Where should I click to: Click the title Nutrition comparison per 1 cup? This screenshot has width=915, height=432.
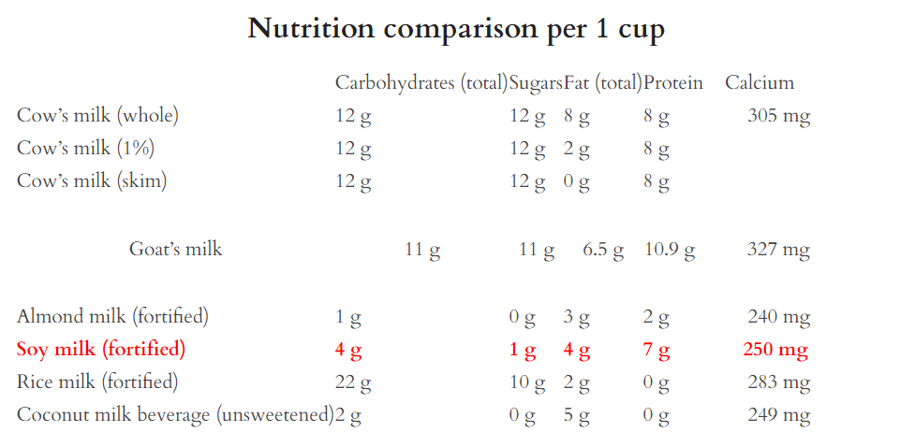(x=456, y=29)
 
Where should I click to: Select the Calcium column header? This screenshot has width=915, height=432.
(x=759, y=82)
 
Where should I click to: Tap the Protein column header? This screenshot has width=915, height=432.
(x=672, y=82)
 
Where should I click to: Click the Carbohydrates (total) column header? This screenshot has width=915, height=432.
(x=421, y=82)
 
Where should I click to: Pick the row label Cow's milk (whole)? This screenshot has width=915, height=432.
(x=97, y=116)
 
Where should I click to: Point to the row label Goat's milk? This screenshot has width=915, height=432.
(x=175, y=249)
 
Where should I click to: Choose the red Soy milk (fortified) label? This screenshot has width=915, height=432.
(x=101, y=350)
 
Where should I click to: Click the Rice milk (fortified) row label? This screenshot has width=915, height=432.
(x=97, y=382)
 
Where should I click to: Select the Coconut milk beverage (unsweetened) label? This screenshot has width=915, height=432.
(x=175, y=415)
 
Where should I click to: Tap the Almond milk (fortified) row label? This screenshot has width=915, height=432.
(x=112, y=316)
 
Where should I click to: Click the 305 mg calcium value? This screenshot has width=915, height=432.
(x=778, y=116)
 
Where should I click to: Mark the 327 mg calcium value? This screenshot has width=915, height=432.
(x=778, y=249)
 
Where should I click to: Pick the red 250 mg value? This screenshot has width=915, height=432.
(x=775, y=350)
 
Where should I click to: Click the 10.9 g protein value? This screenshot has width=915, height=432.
(x=670, y=249)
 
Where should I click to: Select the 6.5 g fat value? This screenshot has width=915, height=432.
(x=603, y=249)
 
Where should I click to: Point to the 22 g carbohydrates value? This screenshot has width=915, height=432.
(x=353, y=382)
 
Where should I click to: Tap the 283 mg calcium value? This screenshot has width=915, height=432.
(x=778, y=382)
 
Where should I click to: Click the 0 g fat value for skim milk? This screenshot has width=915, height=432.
(x=577, y=181)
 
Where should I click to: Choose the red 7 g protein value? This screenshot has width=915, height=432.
(x=657, y=350)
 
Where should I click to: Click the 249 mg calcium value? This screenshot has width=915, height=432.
(x=778, y=415)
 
